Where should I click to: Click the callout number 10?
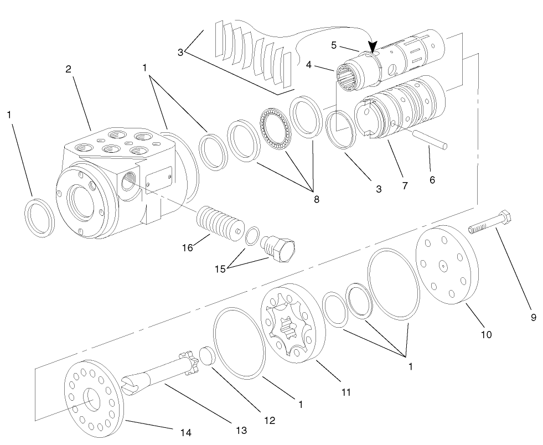(486, 334)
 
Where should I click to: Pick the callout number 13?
(241, 430)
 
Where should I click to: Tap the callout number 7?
(405, 186)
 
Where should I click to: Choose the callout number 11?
(346, 392)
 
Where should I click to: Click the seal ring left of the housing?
(40, 218)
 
